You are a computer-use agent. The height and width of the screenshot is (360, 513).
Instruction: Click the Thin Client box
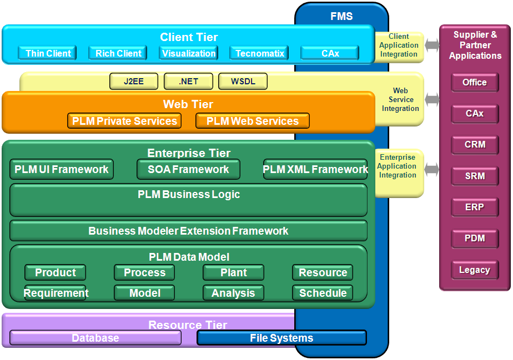(48, 53)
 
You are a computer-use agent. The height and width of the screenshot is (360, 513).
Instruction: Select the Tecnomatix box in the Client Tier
(259, 53)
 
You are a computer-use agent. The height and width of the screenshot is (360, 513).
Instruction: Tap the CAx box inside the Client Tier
(330, 53)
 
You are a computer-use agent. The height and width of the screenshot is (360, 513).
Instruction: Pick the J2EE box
(134, 82)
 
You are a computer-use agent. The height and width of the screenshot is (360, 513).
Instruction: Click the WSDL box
(243, 82)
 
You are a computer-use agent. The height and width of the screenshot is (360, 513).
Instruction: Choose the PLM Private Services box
(124, 121)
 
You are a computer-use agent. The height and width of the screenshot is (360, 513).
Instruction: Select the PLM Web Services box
(253, 121)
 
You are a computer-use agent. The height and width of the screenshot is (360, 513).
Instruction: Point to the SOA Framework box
(188, 169)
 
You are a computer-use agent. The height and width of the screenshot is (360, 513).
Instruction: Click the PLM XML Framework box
(315, 169)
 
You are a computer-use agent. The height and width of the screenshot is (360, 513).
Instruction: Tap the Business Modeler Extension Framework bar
(188, 231)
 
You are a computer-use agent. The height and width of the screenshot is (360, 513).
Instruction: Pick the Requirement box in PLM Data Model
(56, 293)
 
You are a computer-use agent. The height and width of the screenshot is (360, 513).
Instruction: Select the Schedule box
(323, 293)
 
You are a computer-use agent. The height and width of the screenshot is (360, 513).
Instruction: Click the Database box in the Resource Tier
(95, 338)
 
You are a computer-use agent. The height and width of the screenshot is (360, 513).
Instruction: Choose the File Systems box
(281, 338)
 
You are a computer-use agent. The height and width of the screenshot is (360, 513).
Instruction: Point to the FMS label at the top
(341, 16)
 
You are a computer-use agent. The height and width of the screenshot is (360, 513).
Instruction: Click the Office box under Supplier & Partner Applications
(475, 82)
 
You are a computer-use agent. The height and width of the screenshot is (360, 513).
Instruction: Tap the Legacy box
(475, 270)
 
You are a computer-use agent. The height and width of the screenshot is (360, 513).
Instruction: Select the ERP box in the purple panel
(475, 207)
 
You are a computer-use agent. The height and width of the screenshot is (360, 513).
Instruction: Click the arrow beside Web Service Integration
(432, 99)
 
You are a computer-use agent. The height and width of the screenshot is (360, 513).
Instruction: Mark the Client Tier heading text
(189, 37)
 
